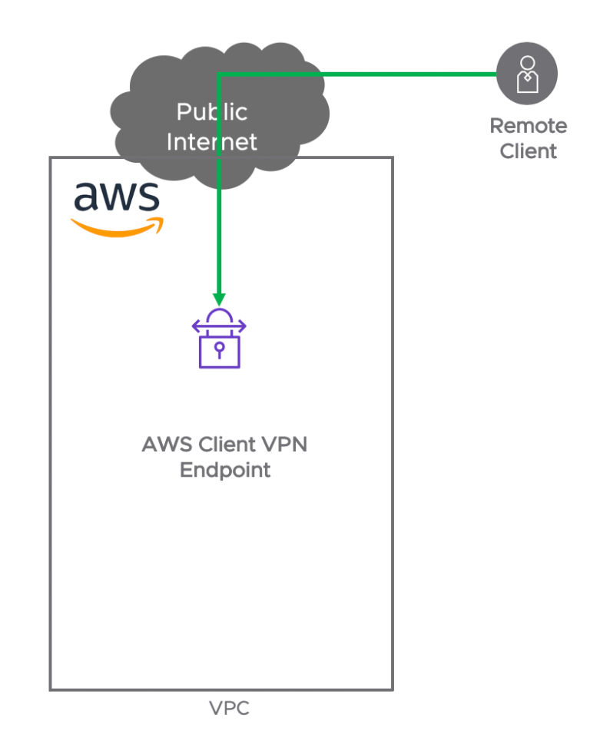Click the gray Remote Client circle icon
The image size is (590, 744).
click(x=526, y=74)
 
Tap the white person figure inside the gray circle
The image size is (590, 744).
click(x=526, y=73)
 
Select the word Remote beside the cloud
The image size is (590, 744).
click(x=529, y=126)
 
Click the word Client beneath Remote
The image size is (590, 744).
click(x=529, y=151)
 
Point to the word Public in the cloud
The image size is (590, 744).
click(x=212, y=112)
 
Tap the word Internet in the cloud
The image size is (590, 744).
click(x=212, y=142)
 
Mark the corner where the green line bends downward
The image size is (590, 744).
click(x=219, y=74)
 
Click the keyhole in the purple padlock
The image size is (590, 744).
click(x=220, y=350)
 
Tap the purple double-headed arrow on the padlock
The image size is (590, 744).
click(x=220, y=327)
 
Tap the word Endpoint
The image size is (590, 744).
click(x=225, y=471)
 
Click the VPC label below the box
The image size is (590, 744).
click(x=229, y=708)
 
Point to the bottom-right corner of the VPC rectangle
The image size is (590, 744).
click(x=393, y=689)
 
